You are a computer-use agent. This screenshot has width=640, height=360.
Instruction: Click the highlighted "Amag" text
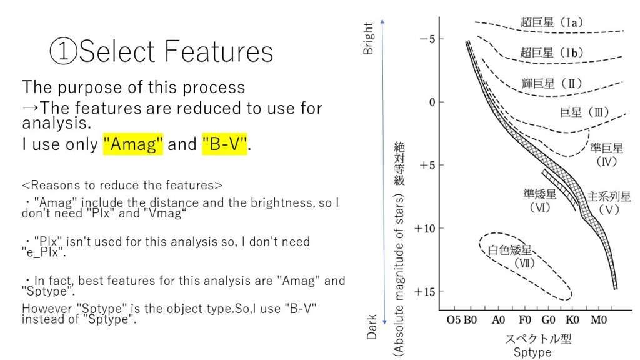[133, 144]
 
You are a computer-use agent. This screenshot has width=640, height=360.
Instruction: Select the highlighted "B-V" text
[224, 144]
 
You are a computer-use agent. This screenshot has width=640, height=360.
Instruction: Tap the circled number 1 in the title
[63, 51]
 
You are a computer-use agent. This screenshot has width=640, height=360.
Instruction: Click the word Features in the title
[219, 51]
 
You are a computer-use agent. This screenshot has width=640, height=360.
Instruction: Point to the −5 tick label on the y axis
[427, 39]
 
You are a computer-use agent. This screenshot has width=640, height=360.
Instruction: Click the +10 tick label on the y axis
[425, 229]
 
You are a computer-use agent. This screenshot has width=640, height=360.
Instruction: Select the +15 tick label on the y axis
[425, 292]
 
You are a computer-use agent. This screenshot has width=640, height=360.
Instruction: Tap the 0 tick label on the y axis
[432, 102]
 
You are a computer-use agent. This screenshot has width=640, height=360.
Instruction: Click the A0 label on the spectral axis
[498, 319]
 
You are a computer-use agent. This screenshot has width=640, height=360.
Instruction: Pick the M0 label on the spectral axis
[598, 319]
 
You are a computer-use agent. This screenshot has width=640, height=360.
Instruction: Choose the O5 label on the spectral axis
[454, 319]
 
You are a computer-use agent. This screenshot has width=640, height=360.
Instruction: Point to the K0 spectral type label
[572, 319]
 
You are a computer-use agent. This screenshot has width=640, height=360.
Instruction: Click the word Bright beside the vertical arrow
[368, 38]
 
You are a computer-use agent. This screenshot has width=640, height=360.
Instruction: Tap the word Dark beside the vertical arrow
[371, 327]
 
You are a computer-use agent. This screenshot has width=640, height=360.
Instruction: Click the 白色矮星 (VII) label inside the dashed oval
[510, 256]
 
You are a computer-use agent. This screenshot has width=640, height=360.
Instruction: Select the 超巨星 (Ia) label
[551, 22]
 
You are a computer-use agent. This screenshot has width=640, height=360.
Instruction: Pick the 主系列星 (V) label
[609, 203]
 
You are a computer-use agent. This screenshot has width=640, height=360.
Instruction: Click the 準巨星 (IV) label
[606, 154]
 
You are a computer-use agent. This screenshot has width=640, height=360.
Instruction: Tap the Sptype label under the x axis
[532, 352]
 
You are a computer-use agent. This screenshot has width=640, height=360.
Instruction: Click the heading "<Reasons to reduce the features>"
[122, 185]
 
